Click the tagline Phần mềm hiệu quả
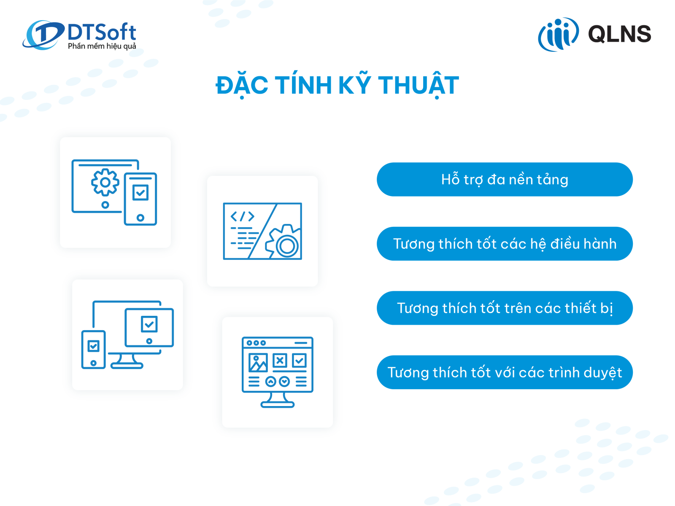click(102, 46)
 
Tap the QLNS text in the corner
click(619, 34)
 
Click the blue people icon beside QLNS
click(558, 35)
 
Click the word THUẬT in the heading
click(418, 85)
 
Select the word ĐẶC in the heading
click(242, 86)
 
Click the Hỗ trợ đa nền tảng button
click(504, 179)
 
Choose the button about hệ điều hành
click(504, 243)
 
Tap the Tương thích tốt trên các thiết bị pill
click(504, 307)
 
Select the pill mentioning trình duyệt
click(504, 372)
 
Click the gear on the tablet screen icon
click(105, 183)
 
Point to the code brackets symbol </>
click(242, 216)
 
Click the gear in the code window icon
click(283, 242)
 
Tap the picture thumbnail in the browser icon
click(258, 363)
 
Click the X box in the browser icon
click(280, 361)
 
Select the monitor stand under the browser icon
click(277, 401)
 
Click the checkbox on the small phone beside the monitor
click(93, 346)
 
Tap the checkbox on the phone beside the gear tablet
click(140, 193)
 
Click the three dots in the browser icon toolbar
click(256, 343)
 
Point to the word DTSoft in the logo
click(102, 32)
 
